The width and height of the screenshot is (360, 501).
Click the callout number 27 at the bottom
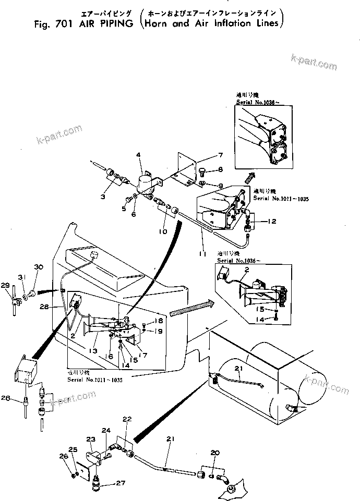[x=121, y=483]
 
